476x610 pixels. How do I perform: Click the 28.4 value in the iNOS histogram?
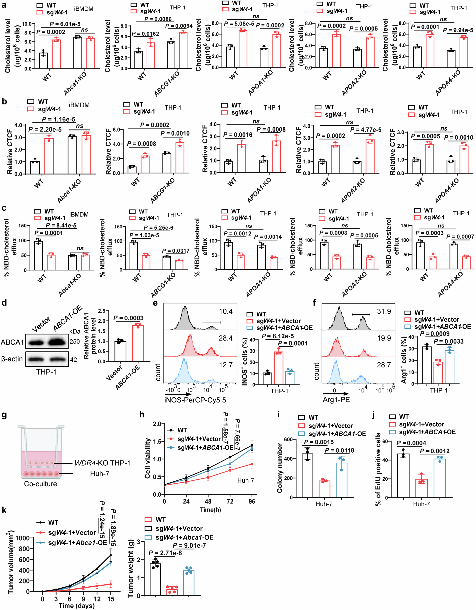(225, 338)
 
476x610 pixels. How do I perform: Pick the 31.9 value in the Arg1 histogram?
(384, 311)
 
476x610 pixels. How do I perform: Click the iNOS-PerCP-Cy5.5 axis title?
(195, 400)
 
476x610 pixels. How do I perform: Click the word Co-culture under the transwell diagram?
(40, 484)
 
